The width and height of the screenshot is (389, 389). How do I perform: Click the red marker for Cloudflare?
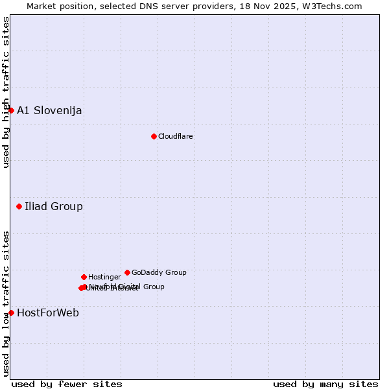pyautogui.click(x=154, y=136)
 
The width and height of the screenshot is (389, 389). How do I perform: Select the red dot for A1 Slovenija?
pyautogui.click(x=11, y=110)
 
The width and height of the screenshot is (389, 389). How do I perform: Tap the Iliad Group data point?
pyautogui.click(x=19, y=207)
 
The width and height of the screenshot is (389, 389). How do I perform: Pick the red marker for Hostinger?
pyautogui.click(x=84, y=277)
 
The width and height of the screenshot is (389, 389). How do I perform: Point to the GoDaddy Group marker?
pyautogui.click(x=127, y=272)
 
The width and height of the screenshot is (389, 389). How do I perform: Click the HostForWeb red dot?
pyautogui.click(x=11, y=313)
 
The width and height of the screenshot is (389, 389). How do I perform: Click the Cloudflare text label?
pyautogui.click(x=176, y=136)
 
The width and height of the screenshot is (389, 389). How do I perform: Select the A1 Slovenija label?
pyautogui.click(x=49, y=110)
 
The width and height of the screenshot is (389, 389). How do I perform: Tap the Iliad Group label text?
pyautogui.click(x=54, y=207)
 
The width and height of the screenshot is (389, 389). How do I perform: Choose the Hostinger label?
pyautogui.click(x=104, y=277)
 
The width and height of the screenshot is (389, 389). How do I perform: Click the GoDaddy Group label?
pyautogui.click(x=159, y=272)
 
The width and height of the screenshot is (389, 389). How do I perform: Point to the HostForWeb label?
pyautogui.click(x=48, y=313)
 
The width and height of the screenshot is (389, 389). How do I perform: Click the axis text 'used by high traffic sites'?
pyautogui.click(x=6, y=92)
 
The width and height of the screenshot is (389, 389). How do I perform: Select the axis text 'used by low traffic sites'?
pyautogui.click(x=6, y=303)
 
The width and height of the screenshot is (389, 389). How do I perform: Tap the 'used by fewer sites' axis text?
pyautogui.click(x=67, y=384)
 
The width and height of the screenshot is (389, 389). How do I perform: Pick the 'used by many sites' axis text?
pyautogui.click(x=325, y=384)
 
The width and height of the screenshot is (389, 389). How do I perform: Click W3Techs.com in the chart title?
pyautogui.click(x=332, y=6)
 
